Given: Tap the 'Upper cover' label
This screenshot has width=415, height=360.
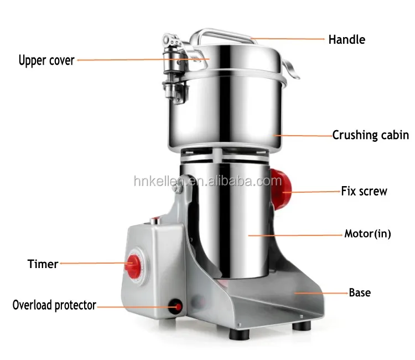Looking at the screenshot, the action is [46, 60].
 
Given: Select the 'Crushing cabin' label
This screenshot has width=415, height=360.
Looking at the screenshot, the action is [370, 135].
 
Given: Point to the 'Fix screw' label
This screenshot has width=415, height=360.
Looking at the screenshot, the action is [364, 192].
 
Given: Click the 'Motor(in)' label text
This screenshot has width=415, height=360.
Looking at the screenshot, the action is [367, 234].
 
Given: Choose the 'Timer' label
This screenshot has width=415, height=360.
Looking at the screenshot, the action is [43, 264].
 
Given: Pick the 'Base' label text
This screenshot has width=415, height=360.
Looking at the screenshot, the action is [360, 292].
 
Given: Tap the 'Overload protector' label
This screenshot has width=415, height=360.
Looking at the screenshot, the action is [54, 305].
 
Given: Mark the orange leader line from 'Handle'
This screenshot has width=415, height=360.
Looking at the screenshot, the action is [287, 39].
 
